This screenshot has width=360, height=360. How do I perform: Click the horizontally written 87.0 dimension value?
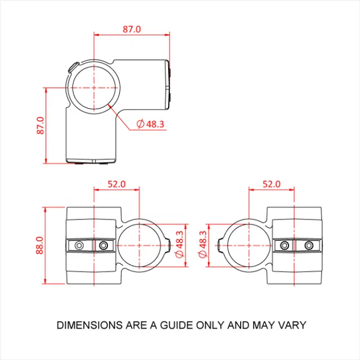point(132,29)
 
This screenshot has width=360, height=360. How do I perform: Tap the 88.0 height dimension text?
point(40,246)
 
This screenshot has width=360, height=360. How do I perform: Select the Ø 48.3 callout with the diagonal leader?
point(151,124)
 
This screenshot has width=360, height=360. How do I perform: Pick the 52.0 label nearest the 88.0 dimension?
point(116,184)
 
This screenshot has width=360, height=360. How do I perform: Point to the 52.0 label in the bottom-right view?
point(271,184)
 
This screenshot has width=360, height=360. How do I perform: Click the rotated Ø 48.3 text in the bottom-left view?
point(179,245)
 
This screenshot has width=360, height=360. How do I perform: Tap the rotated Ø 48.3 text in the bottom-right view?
point(203,245)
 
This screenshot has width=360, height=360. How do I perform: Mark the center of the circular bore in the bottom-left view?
point(140,246)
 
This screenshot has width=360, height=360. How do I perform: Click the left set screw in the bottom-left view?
point(79,246)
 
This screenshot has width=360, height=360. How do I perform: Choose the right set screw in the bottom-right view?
point(309,246)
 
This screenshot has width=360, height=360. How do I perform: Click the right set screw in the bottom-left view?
point(103,246)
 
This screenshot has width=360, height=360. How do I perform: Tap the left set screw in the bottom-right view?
point(285,246)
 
